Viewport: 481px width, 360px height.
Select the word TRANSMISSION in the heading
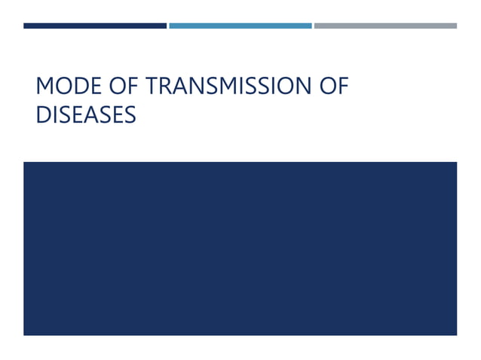click(225, 87)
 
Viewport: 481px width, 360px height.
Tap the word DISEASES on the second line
click(86, 114)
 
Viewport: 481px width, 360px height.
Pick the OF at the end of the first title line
click(332, 87)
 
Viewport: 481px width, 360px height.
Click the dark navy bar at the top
click(95, 26)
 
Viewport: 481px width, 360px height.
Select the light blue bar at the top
click(240, 26)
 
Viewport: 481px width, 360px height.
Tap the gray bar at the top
click(385, 26)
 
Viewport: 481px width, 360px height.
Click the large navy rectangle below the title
click(240, 248)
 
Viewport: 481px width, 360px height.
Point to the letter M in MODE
click(44, 87)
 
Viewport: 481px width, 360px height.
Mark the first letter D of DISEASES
click(43, 114)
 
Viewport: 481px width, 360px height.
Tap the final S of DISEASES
click(130, 114)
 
